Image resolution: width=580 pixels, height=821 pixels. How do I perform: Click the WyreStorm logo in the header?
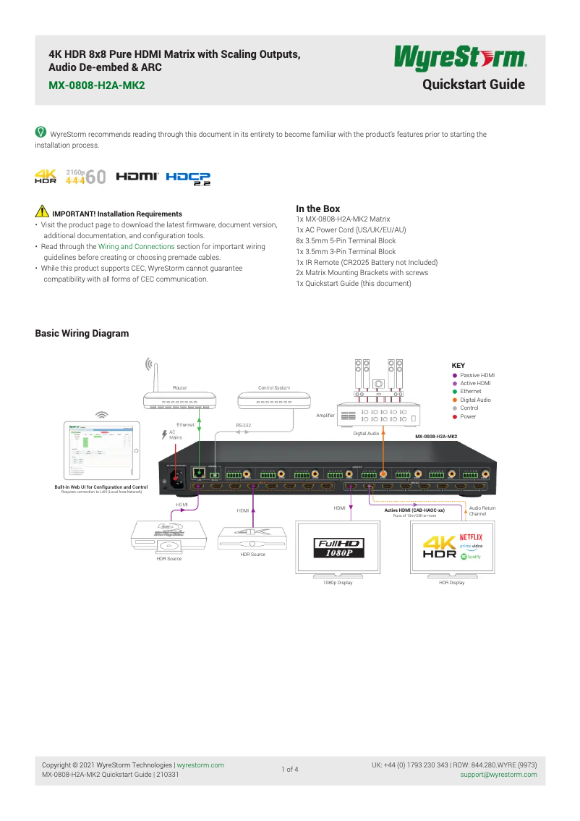coord(459,59)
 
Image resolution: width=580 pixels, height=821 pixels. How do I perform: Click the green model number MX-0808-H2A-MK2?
coord(96,85)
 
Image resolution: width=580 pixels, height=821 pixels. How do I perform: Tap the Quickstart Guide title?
coord(473,85)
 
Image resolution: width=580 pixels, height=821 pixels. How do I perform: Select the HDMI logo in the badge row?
coord(137,177)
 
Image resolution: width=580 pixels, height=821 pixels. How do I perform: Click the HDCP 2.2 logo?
coord(188,177)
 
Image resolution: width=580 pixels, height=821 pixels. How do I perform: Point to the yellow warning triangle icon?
coord(41,213)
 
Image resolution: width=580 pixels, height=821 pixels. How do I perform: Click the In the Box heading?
coord(317,209)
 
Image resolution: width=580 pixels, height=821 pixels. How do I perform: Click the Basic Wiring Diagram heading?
coord(82,334)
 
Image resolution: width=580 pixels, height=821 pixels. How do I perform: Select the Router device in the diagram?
coord(180,400)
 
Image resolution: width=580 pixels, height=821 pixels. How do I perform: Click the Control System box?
coord(274,400)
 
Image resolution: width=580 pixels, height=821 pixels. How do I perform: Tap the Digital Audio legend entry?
coord(475,400)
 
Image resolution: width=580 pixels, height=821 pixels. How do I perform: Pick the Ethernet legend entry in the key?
coord(470,392)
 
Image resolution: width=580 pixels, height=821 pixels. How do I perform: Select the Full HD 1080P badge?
coord(338,547)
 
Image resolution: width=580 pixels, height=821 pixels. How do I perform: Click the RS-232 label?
coord(243,426)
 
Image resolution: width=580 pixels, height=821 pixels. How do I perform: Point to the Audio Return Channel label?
coord(482,511)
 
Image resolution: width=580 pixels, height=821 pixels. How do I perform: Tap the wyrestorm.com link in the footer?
coord(200,765)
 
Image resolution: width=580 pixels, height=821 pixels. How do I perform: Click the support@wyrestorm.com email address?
coord(498,775)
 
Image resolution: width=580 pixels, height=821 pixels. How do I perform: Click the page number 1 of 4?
coord(289,770)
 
